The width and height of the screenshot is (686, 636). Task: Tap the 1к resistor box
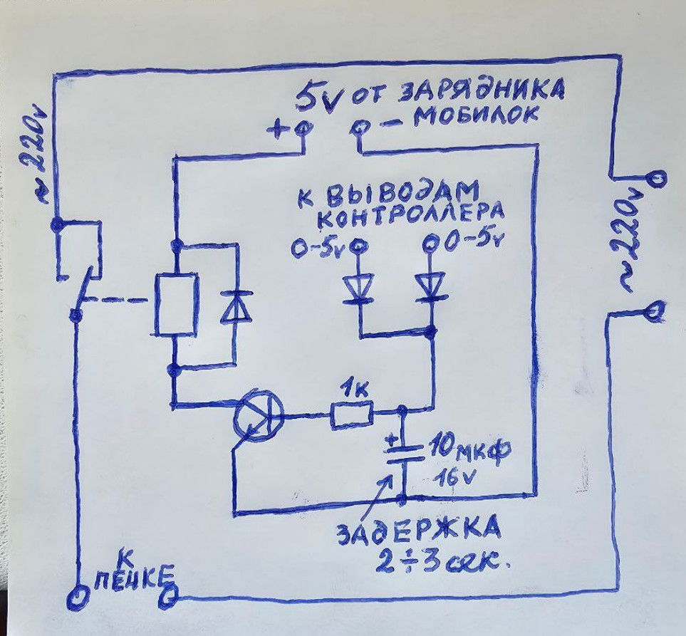tap(351, 414)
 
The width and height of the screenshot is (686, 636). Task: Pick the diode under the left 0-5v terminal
tap(359, 289)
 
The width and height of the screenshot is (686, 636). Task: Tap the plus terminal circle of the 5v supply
tap(303, 129)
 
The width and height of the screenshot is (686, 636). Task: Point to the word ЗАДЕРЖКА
tap(418, 531)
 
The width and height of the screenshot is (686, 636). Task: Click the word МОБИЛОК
tap(477, 115)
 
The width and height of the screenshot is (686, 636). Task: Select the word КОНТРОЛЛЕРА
tap(414, 212)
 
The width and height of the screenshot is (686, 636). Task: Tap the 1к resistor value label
tap(350, 390)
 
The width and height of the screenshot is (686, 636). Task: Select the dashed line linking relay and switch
tap(114, 301)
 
